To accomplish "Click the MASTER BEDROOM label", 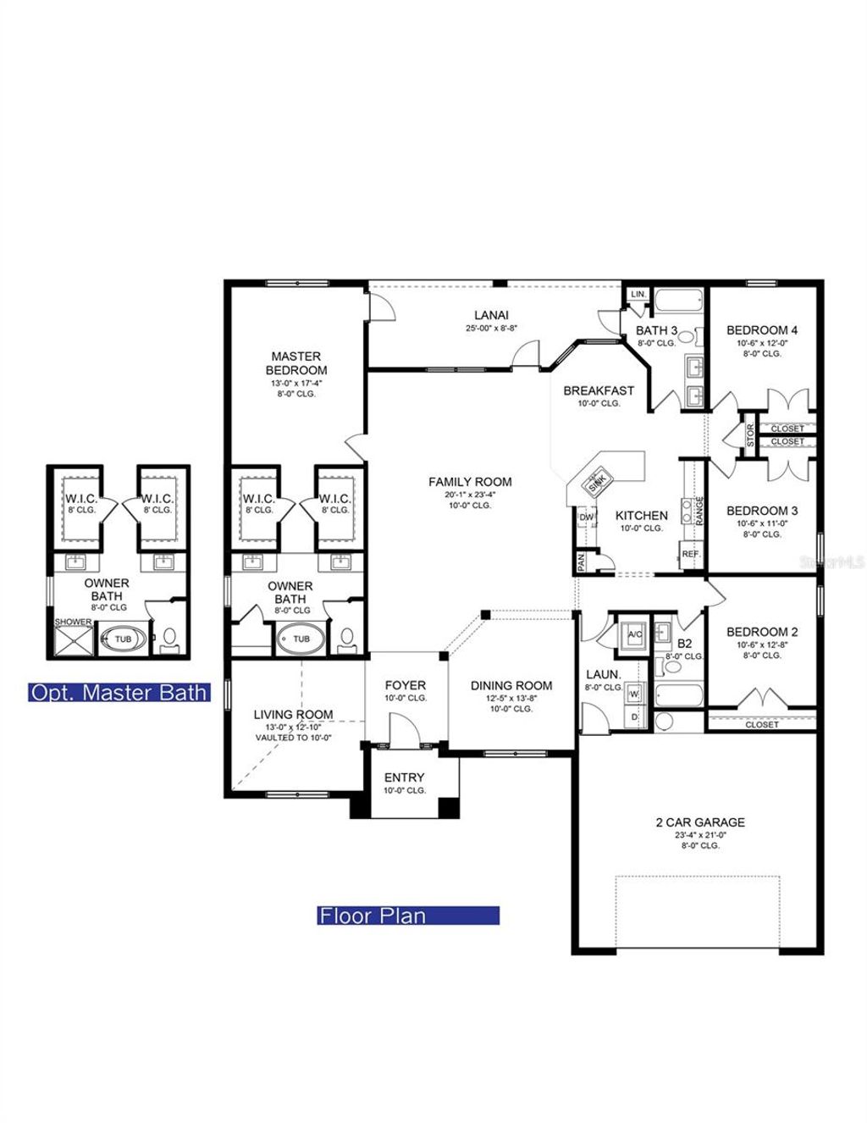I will click(295, 363).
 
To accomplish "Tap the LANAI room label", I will click(491, 315).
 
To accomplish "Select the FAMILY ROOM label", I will click(470, 482).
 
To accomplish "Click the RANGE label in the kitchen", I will click(699, 512).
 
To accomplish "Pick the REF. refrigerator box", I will click(691, 554).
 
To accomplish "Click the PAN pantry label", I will click(581, 561).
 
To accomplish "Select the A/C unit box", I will click(635, 633).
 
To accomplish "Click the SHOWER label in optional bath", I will click(74, 622).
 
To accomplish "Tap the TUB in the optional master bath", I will click(123, 639).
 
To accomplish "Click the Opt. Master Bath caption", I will click(119, 692).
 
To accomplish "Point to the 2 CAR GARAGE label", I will click(700, 822).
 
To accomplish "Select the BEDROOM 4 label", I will click(762, 330).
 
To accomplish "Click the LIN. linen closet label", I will click(638, 294).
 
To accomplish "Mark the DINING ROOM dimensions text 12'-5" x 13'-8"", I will click(511, 698).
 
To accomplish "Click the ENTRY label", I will click(404, 777).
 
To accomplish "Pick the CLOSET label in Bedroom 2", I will click(762, 725).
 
